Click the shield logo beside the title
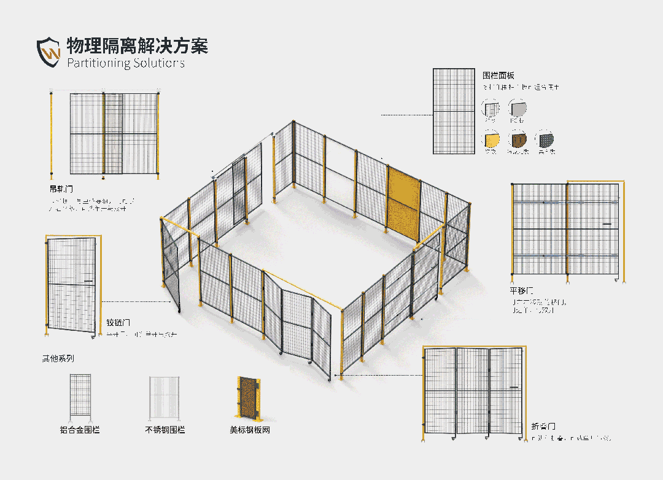click(48, 52)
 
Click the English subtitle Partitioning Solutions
click(125, 63)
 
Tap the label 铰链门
click(118, 322)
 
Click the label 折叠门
click(543, 426)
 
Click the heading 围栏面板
click(498, 75)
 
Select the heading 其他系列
click(58, 358)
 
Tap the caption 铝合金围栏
click(80, 430)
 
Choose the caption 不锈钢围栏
click(165, 430)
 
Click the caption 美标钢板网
click(250, 430)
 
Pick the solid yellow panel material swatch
click(491, 141)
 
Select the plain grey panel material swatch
click(518, 109)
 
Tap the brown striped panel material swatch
click(518, 141)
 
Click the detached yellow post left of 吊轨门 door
click(52, 133)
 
